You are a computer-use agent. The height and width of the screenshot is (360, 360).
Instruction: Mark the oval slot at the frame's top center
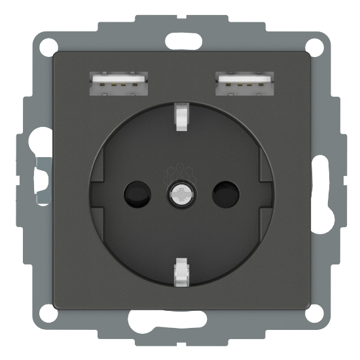[x=179, y=36]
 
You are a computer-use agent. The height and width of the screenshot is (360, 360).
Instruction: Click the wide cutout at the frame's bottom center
[x=179, y=323]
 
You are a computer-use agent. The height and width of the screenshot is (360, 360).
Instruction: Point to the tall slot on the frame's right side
[x=323, y=179]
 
